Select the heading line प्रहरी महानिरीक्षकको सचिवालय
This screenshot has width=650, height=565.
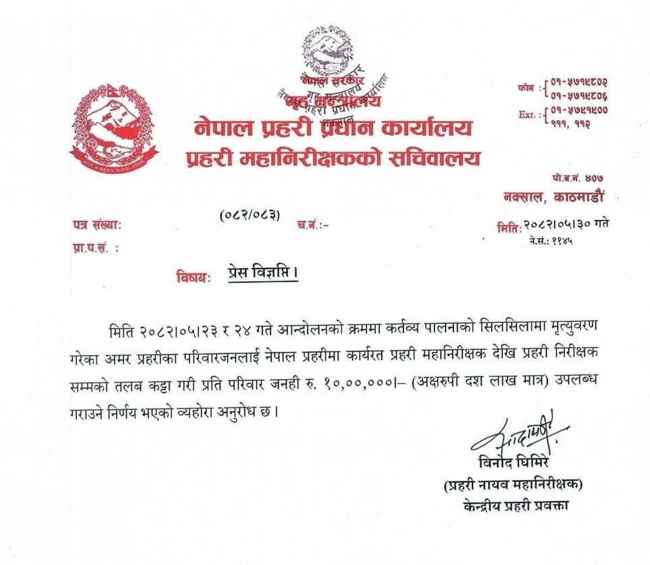click(334, 158)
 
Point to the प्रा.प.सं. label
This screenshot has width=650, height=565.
click(94, 248)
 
